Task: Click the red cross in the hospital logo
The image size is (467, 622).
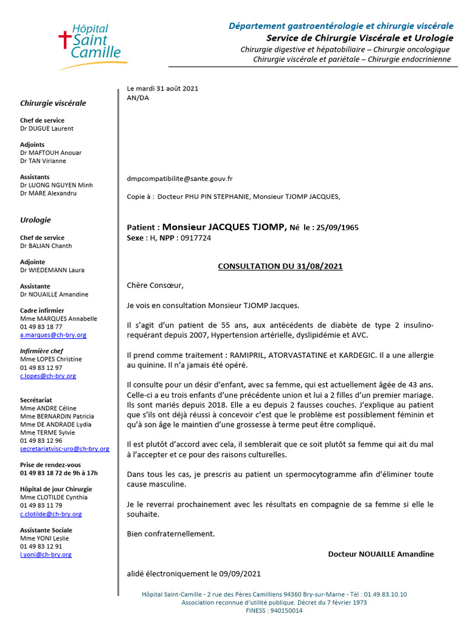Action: pos(63,41)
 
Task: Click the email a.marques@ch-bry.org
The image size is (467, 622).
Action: pos(53,335)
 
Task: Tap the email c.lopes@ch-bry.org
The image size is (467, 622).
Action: pos(48,376)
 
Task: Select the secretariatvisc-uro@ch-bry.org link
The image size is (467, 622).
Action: pos(64,449)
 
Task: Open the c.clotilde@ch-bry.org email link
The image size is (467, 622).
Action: pos(50,514)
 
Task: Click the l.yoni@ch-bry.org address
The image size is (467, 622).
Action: pos(46,555)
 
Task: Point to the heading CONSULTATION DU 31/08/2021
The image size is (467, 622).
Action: pos(280,266)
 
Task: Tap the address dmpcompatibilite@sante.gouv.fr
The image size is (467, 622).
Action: pos(180,179)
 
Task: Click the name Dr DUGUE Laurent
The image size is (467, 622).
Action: pos(47,129)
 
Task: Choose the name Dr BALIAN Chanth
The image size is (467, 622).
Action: pos(46,246)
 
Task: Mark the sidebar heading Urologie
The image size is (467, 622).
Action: pos(35,220)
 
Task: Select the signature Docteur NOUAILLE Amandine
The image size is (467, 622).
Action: pos(381,554)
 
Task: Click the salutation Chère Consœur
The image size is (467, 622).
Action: pos(154,285)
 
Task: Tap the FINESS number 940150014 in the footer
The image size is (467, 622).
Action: pos(286,611)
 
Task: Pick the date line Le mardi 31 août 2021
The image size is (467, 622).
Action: pos(162,89)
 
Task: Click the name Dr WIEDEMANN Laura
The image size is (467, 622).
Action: pos(52,270)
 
